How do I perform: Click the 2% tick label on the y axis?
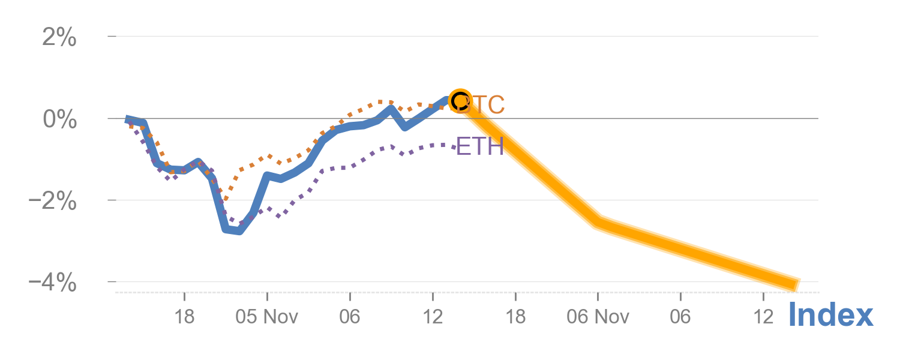(59, 38)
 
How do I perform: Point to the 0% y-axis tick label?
(59, 119)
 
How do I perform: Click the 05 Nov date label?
(266, 316)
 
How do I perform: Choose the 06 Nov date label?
(598, 316)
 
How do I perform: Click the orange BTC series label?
(483, 106)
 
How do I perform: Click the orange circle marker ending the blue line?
(460, 100)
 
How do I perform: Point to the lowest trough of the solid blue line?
(239, 230)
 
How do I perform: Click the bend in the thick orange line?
(598, 221)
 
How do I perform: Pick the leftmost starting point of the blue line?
(127, 119)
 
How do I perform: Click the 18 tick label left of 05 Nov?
(184, 316)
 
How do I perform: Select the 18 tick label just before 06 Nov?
(515, 316)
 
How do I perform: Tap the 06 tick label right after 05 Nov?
(350, 316)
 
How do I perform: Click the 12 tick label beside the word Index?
(763, 316)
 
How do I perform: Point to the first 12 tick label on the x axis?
(433, 316)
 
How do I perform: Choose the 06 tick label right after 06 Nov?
(680, 316)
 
